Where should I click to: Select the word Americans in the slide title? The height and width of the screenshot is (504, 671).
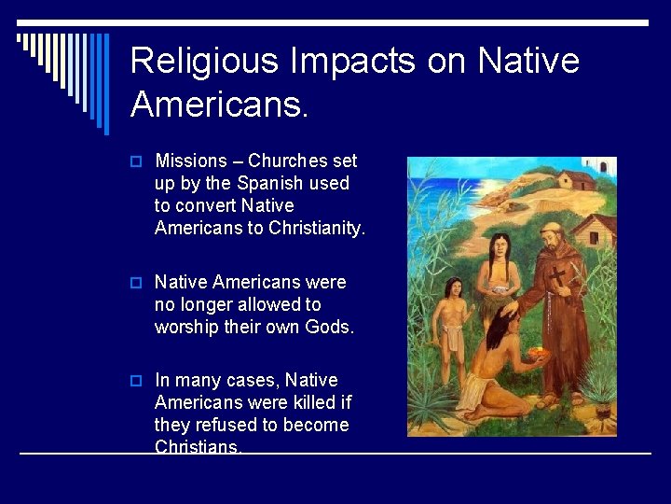coord(218,105)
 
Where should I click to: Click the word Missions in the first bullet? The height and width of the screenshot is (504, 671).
coord(188,161)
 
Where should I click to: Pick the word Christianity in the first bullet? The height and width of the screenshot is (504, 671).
coord(315,228)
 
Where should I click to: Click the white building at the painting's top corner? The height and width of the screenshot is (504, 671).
coord(603,167)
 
